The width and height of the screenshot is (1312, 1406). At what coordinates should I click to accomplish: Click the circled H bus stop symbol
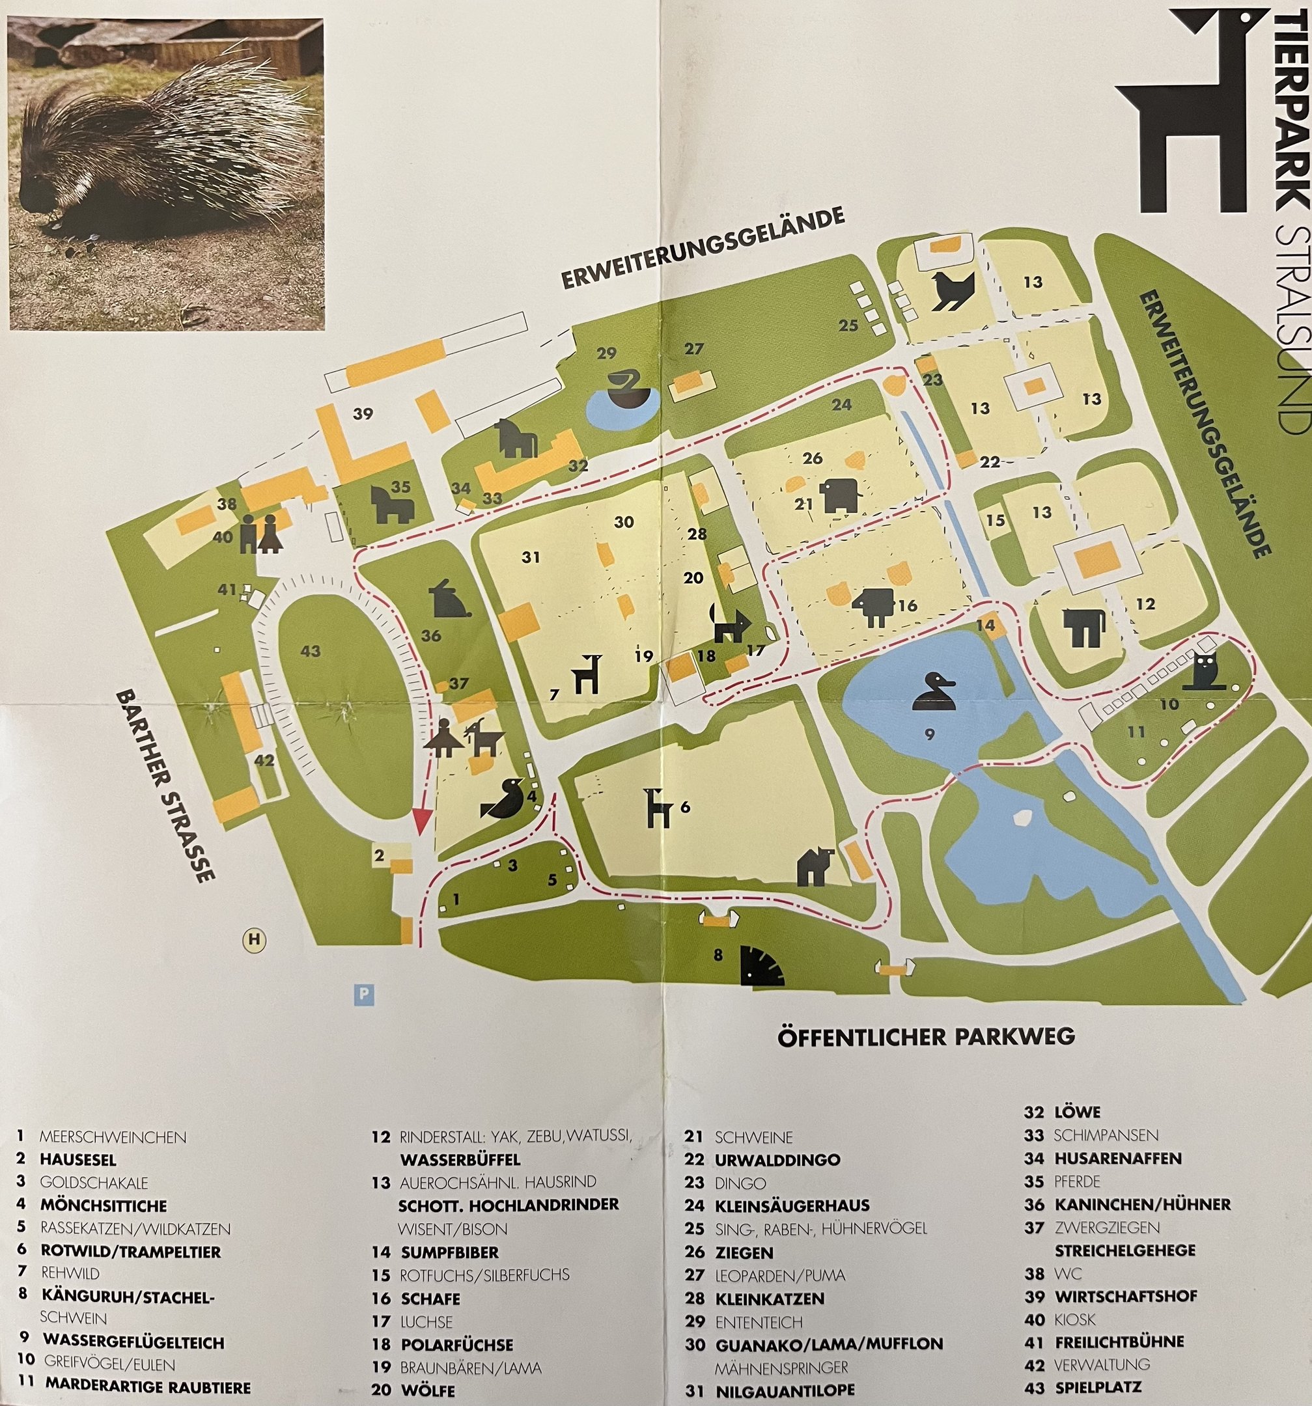(x=255, y=939)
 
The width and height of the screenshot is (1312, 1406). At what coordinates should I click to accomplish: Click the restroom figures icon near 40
(x=257, y=533)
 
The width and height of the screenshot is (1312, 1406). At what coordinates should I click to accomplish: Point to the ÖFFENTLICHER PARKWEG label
(x=926, y=1037)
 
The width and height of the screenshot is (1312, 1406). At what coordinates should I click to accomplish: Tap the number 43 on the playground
(x=311, y=650)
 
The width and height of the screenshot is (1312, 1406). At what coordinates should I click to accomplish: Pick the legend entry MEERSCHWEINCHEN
(x=113, y=1137)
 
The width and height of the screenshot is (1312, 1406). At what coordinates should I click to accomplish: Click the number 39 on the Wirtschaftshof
(x=363, y=414)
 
